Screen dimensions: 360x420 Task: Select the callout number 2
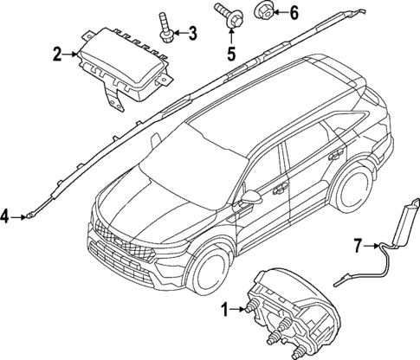pyautogui.click(x=56, y=55)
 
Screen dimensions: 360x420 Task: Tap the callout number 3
pyautogui.click(x=192, y=34)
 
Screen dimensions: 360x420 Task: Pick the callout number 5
pyautogui.click(x=230, y=54)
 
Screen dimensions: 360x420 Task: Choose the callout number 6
pyautogui.click(x=293, y=13)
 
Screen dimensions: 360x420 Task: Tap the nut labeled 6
pyautogui.click(x=263, y=12)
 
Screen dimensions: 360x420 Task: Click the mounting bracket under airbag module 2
pyautogui.click(x=110, y=93)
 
